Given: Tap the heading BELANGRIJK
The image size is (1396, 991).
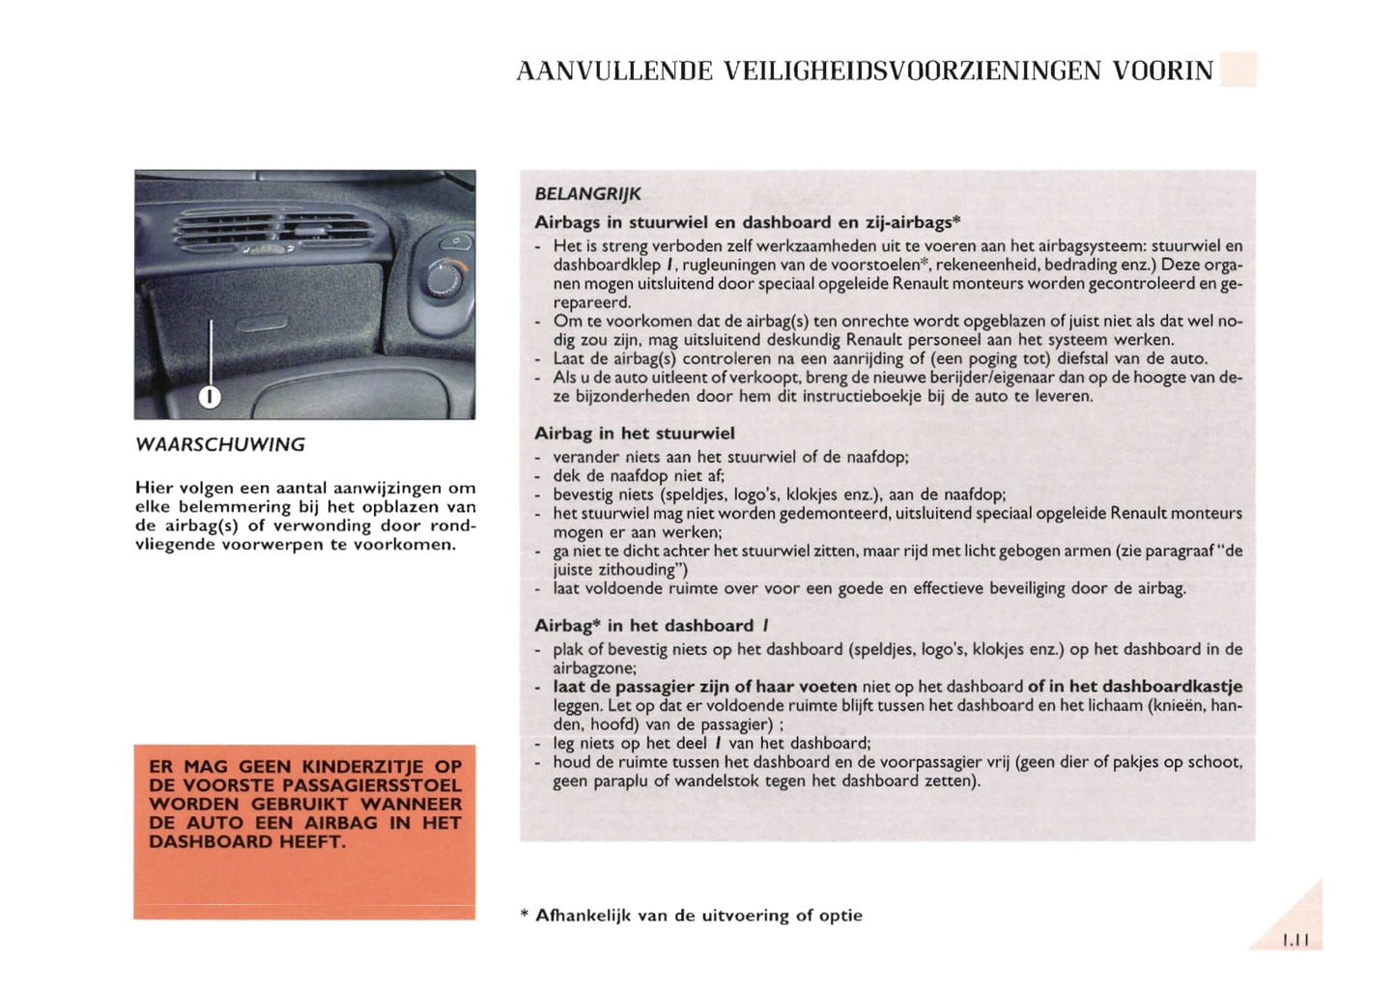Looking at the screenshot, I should (x=587, y=194).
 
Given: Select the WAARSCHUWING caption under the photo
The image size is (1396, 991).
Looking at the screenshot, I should (x=220, y=445).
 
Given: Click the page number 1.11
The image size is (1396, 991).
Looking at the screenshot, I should (x=1295, y=940).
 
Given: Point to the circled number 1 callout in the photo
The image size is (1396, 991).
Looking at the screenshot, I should (x=210, y=396).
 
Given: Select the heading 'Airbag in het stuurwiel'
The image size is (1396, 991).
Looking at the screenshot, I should (x=634, y=434).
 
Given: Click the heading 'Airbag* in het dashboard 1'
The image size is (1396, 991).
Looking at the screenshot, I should (x=651, y=626).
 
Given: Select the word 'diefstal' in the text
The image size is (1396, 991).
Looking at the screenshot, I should (x=1041, y=358).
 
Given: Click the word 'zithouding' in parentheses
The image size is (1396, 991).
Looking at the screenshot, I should (x=638, y=570).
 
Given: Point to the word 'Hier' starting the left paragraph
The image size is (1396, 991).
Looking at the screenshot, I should (x=154, y=488).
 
